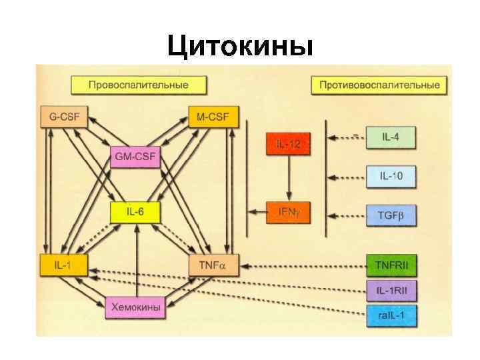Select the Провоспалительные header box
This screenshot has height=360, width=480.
[x=139, y=85]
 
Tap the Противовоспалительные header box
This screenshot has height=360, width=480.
[x=379, y=85]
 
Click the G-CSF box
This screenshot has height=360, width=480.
[x=64, y=118]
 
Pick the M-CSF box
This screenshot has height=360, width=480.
[x=213, y=118]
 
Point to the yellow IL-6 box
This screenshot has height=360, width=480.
[x=135, y=212]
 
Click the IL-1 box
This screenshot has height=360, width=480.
[x=64, y=265]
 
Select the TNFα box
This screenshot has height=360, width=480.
[x=213, y=265]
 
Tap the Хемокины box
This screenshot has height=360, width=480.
[x=135, y=307]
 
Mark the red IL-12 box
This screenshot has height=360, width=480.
[x=288, y=145]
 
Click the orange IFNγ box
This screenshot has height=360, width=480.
[x=288, y=212]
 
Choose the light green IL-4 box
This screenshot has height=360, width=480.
[x=391, y=137]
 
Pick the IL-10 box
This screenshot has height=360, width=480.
[x=391, y=177]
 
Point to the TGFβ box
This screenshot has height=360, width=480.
[x=391, y=215]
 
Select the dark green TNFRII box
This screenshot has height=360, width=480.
[x=391, y=265]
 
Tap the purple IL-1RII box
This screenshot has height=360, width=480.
[x=391, y=290]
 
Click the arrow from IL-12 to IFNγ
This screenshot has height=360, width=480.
[x=288, y=179]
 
